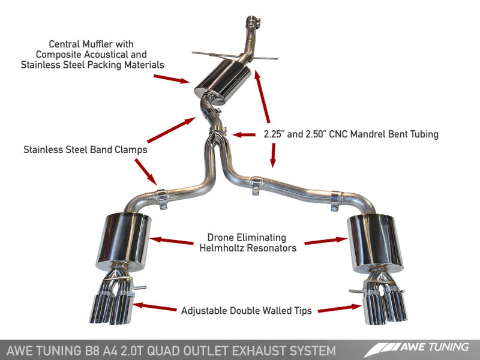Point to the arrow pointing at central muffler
click(172, 79)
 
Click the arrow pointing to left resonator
click(172, 241)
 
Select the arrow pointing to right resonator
click(326, 242)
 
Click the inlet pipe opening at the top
click(251, 22)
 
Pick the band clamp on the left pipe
click(161, 195)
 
